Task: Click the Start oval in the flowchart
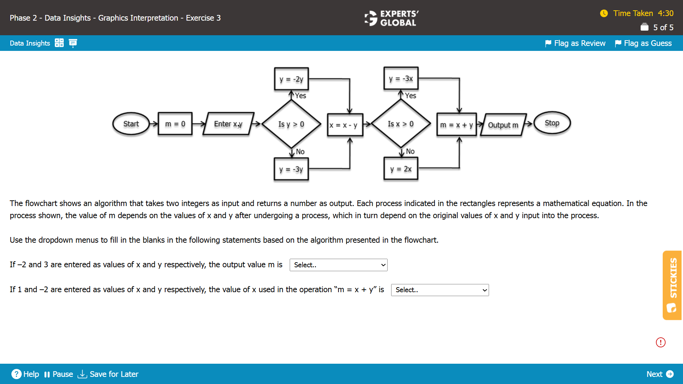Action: pyautogui.click(x=131, y=124)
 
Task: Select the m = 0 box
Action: pyautogui.click(x=175, y=124)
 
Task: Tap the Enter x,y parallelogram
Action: pyautogui.click(x=228, y=124)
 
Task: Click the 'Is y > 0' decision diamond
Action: pyautogui.click(x=291, y=124)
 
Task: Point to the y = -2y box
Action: pyautogui.click(x=291, y=79)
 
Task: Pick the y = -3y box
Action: pyautogui.click(x=291, y=169)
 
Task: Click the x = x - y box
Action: pyautogui.click(x=345, y=125)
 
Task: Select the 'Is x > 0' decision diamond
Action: pyautogui.click(x=401, y=124)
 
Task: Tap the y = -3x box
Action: pyautogui.click(x=401, y=79)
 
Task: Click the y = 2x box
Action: pyautogui.click(x=401, y=169)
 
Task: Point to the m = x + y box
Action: pyautogui.click(x=456, y=125)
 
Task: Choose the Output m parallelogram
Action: pyautogui.click(x=503, y=125)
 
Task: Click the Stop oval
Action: pyautogui.click(x=552, y=123)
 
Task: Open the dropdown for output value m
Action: pyautogui.click(x=338, y=265)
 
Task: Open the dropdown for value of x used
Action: pyautogui.click(x=440, y=290)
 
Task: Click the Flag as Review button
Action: pyautogui.click(x=575, y=43)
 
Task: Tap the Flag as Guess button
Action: pyautogui.click(x=643, y=43)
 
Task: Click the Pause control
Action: pyautogui.click(x=59, y=374)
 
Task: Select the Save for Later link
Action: pyautogui.click(x=108, y=374)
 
